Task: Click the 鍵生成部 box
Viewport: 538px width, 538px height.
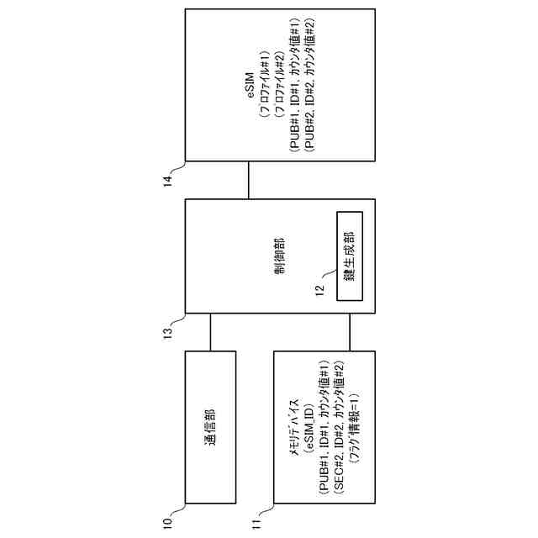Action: point(348,255)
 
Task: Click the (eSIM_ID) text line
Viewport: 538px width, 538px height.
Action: point(308,428)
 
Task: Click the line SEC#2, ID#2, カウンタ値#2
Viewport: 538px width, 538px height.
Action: point(339,428)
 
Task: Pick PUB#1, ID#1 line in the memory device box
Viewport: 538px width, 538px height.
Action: point(324,428)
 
